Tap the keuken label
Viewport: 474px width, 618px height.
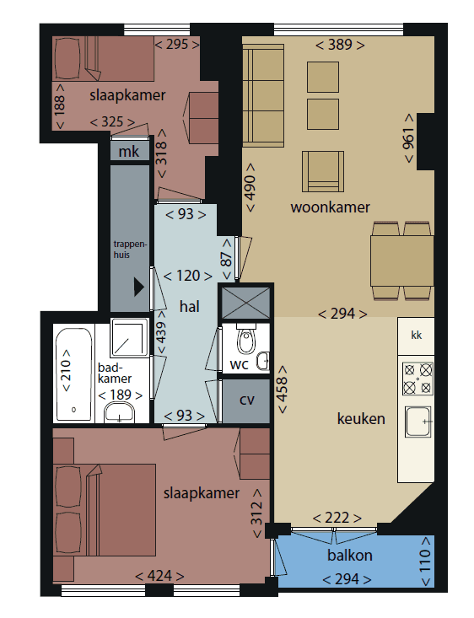point(360,418)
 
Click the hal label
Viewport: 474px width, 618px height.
point(189,307)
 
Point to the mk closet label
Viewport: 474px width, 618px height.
point(129,152)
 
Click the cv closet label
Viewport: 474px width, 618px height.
point(246,400)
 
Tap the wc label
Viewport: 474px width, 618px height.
point(239,364)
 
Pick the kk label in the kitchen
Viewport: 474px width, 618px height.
point(415,336)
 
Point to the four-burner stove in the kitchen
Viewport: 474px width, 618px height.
point(417,379)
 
